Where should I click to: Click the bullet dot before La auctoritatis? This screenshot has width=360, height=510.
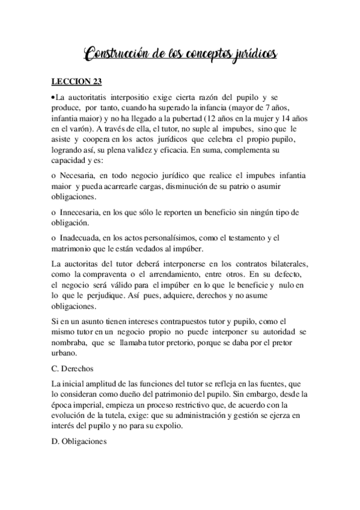click(53, 97)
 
